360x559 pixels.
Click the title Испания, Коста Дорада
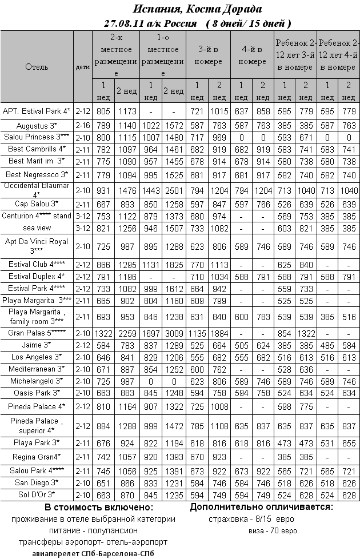[x=197, y=9]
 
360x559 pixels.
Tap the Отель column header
[x=37, y=67]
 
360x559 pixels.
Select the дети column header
[x=83, y=67]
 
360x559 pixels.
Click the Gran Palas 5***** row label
[x=37, y=333]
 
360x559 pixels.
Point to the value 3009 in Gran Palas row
[x=174, y=333]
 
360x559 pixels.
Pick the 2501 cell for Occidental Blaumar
[x=174, y=190]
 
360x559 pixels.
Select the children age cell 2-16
[x=83, y=125]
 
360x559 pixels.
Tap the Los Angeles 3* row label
[x=37, y=357]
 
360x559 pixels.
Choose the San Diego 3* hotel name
[x=37, y=483]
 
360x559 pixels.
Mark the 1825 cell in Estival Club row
[x=174, y=265]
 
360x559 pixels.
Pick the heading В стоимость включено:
[x=99, y=508]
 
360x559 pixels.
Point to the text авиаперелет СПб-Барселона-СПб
[x=94, y=553]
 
